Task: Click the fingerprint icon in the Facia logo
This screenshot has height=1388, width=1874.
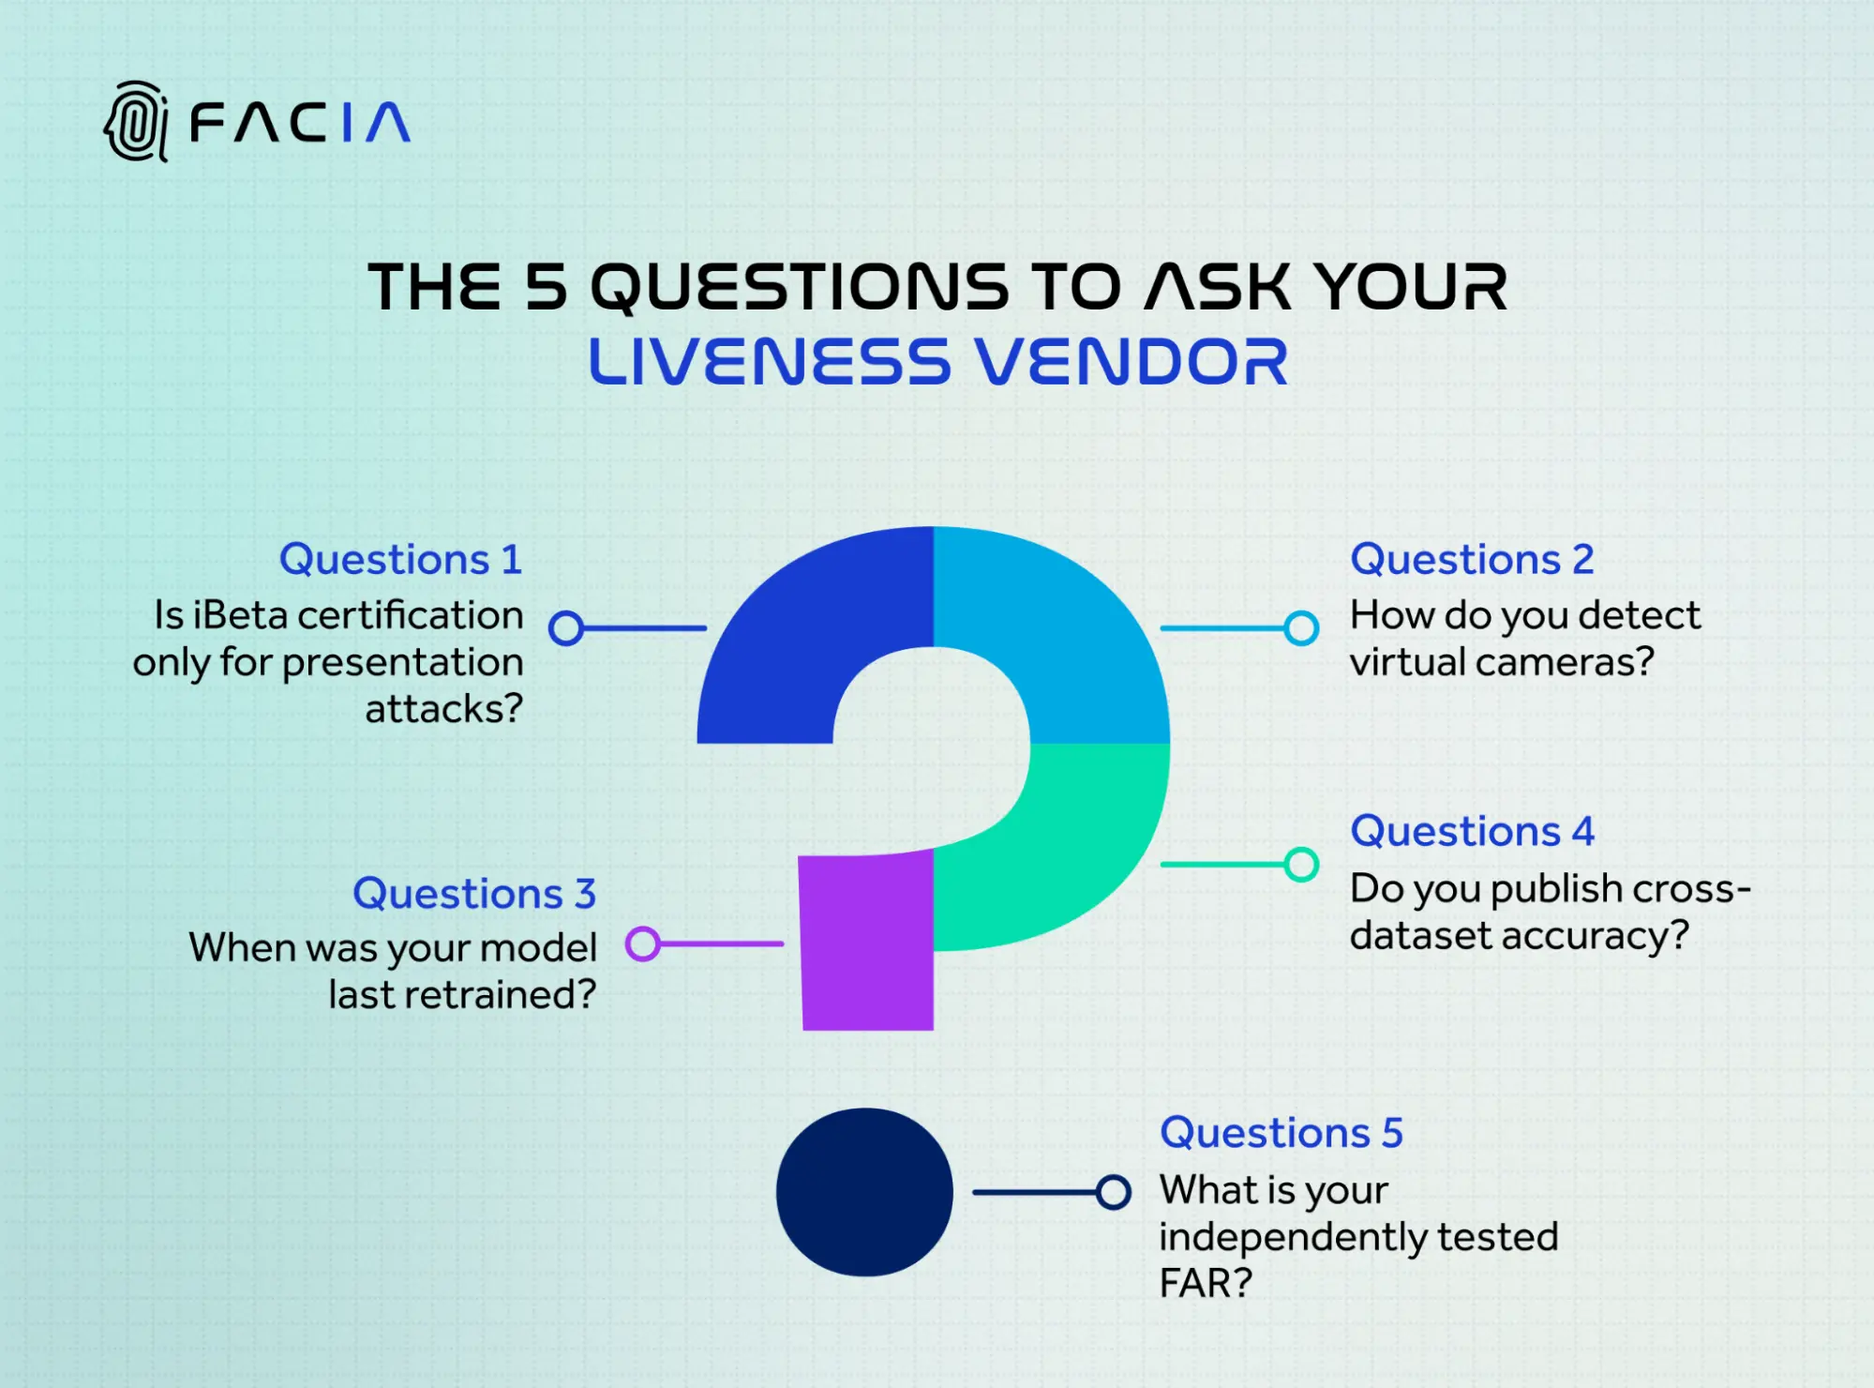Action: (x=137, y=122)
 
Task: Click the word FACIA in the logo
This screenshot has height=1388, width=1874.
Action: (x=300, y=123)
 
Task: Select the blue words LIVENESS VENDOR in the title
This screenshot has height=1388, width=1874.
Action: (x=938, y=362)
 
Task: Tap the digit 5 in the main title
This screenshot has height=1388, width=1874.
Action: (x=546, y=286)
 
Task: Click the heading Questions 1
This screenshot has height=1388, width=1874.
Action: (x=400, y=559)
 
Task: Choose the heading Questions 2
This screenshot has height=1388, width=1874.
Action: (x=1472, y=559)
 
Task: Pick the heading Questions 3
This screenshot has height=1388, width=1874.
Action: (x=474, y=893)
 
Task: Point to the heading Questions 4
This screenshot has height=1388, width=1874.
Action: (x=1472, y=831)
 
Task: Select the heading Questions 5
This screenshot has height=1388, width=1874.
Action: (x=1282, y=1132)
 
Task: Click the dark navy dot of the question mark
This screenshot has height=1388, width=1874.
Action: (x=864, y=1192)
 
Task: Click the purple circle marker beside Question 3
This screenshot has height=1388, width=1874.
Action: (x=643, y=943)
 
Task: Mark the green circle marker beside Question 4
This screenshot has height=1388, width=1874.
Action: (x=1301, y=864)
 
